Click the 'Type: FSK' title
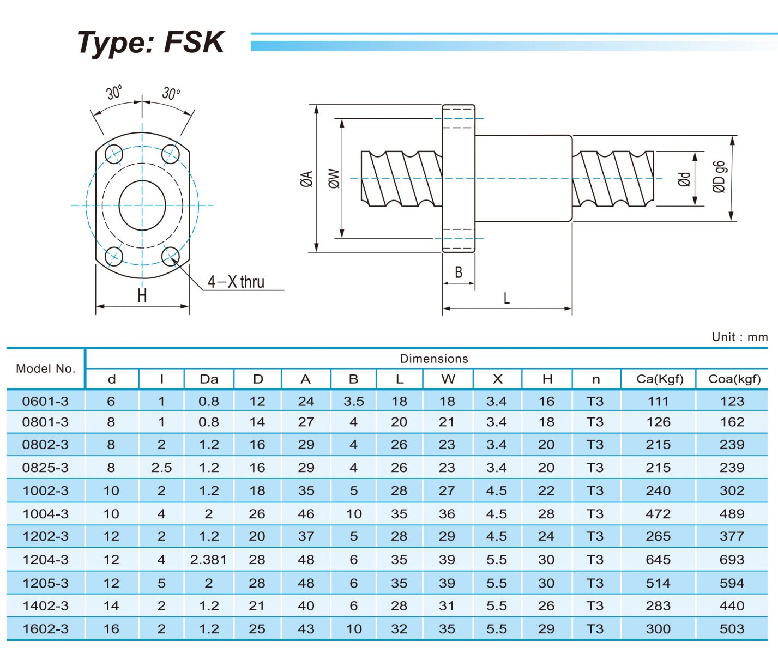150,43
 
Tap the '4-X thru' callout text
236,282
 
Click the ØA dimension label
306,179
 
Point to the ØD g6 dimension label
719,177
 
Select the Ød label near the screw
684,179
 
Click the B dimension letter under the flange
459,272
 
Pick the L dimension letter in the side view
506,298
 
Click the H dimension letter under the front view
142,296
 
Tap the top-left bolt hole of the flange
114,153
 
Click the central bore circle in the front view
142,205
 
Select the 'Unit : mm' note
739,337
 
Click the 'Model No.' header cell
46,368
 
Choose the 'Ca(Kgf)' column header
659,379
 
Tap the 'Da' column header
209,379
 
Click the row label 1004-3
46,513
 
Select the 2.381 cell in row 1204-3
208,560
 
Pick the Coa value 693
732,560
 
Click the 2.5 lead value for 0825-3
161,468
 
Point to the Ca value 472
658,513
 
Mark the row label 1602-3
46,629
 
